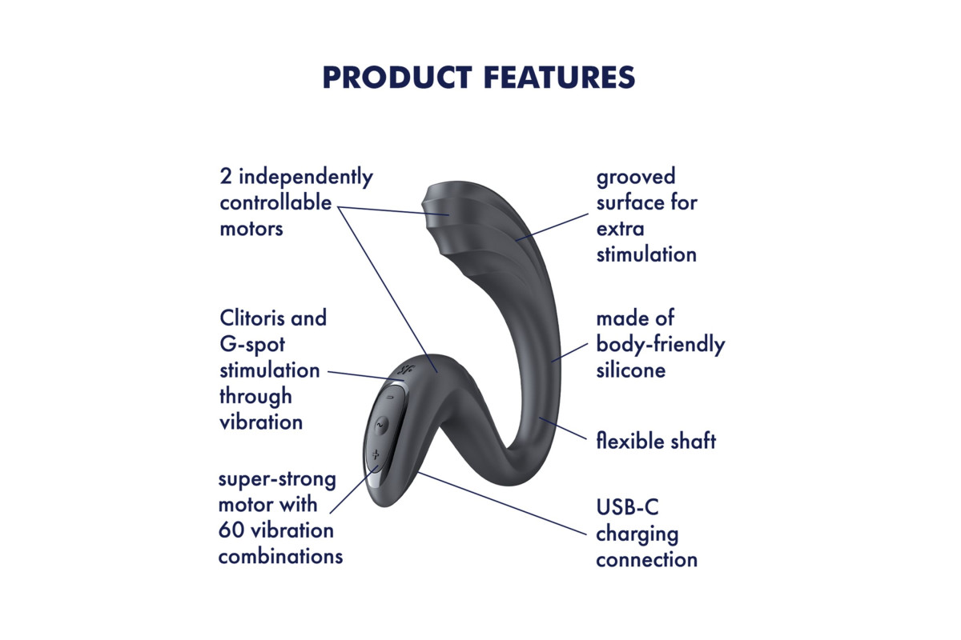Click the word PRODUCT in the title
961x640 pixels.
click(397, 78)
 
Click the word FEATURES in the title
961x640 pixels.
click(560, 78)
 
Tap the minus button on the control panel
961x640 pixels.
click(390, 398)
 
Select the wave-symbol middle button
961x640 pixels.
click(380, 426)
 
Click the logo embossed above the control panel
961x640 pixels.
click(405, 369)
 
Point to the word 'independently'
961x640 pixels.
click(306, 177)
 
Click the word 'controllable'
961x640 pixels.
click(275, 202)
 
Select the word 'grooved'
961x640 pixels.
click(636, 177)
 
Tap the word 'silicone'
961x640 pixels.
click(631, 370)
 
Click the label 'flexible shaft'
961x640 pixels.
click(656, 441)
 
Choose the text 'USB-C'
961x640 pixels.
click(627, 507)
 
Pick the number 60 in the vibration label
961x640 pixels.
click(231, 530)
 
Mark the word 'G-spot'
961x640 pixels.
click(252, 345)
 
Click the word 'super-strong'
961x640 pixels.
click(277, 479)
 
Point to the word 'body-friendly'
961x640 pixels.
click(661, 344)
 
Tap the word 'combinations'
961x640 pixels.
click(280, 557)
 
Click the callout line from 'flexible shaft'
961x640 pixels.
click(563, 428)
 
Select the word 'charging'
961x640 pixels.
click(637, 534)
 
